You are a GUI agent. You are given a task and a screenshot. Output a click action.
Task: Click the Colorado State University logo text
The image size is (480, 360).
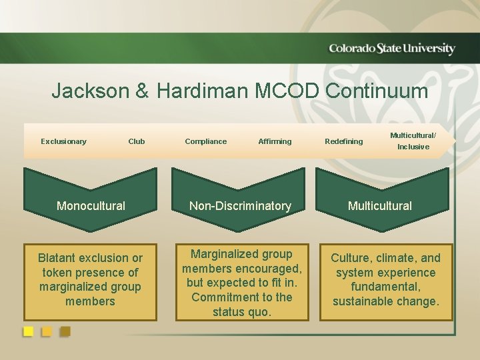tap(392, 49)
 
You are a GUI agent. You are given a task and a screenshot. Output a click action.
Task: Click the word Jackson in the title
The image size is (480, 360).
tap(92, 91)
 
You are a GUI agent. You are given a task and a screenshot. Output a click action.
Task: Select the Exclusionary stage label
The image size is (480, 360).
tap(63, 141)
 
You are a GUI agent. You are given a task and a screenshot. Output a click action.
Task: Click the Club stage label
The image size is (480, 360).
tap(136, 141)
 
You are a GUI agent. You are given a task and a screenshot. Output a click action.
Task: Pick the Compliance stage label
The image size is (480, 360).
tap(205, 141)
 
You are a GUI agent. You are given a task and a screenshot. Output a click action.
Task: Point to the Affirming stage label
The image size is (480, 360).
tap(275, 141)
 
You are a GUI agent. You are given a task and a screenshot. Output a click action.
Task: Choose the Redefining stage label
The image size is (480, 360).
tap(344, 141)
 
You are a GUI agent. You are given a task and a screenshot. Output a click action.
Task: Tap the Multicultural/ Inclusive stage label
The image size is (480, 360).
tap(413, 141)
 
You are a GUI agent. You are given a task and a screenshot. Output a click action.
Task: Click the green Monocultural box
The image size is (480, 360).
tap(91, 205)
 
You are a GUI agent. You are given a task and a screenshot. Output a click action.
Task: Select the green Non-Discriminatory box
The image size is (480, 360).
tap(240, 205)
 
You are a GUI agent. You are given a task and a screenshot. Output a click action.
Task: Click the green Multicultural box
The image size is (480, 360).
tap(380, 205)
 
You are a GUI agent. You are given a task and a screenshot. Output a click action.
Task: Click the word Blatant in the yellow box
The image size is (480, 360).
tap(61, 258)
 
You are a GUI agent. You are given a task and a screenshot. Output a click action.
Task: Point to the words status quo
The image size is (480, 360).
tap(242, 312)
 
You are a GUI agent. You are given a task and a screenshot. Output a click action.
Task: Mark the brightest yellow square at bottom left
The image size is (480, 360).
tap(29, 331)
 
